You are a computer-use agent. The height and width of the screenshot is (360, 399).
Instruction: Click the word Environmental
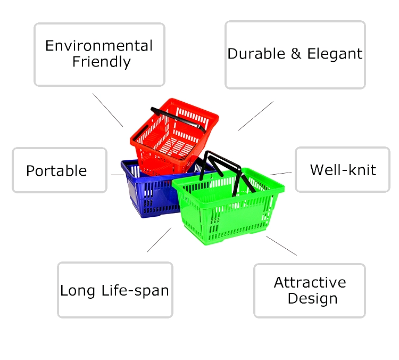pyautogui.click(x=99, y=46)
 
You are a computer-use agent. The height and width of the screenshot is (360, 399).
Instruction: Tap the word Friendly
pyautogui.click(x=102, y=62)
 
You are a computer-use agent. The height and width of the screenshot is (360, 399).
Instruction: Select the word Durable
pyautogui.click(x=256, y=54)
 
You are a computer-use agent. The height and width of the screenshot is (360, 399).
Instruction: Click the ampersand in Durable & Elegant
pyautogui.click(x=296, y=54)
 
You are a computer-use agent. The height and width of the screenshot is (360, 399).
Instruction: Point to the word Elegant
pyautogui.click(x=335, y=54)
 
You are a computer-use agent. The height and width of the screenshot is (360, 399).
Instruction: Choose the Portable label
pyautogui.click(x=56, y=170)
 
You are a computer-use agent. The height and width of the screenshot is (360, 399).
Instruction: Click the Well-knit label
pyautogui.click(x=343, y=170)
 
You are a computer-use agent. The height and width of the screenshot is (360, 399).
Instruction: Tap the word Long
pyautogui.click(x=78, y=291)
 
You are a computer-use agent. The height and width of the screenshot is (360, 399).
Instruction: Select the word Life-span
pyautogui.click(x=135, y=291)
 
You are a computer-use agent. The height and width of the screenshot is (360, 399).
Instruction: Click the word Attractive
pyautogui.click(x=310, y=283)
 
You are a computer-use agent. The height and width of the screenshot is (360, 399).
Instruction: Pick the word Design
pyautogui.click(x=312, y=299)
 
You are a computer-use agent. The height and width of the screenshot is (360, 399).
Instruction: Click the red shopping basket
pyautogui.click(x=174, y=136)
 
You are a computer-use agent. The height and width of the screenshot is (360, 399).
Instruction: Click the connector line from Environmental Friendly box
pyautogui.click(x=108, y=110)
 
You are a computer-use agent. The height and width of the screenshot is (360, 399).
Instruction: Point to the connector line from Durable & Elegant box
pyautogui.click(x=255, y=116)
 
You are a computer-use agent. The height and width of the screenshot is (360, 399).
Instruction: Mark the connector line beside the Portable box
pyautogui.click(x=118, y=175)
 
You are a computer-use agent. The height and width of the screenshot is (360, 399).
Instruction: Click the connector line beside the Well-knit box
pyautogui.click(x=281, y=174)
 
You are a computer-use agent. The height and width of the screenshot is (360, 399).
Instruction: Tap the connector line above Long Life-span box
pyautogui.click(x=159, y=240)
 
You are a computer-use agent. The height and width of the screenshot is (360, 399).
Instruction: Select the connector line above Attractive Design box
pyautogui.click(x=281, y=246)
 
